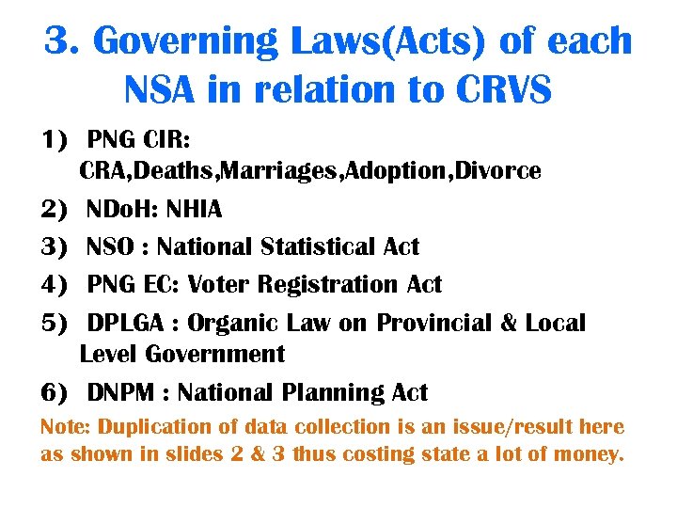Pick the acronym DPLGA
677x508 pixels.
123,324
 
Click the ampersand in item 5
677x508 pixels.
509,324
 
